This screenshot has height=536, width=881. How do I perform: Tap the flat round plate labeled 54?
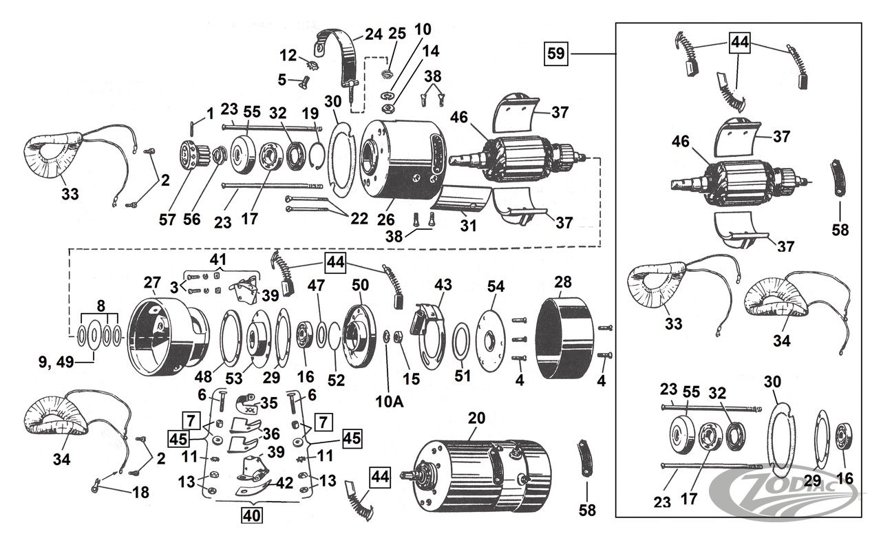(x=491, y=334)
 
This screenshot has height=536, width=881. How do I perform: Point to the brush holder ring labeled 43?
(x=428, y=329)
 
